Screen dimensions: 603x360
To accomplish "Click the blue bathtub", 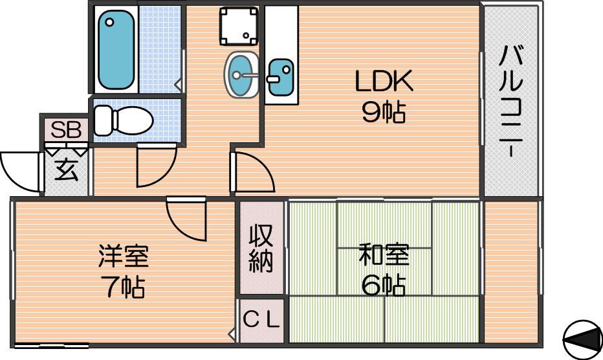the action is click(116, 50).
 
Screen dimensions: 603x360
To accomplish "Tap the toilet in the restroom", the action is click(123, 120).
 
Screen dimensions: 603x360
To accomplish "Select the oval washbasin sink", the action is click(241, 74).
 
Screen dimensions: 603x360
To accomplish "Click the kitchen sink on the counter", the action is click(280, 77).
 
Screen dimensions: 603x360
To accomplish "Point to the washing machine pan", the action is click(239, 26).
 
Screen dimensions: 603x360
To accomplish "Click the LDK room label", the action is click(384, 81).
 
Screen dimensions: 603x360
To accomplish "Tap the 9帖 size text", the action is click(384, 113).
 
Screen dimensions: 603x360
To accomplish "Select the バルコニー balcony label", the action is click(511, 101).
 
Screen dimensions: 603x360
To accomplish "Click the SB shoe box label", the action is click(66, 129).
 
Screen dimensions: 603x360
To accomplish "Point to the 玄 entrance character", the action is click(66, 170).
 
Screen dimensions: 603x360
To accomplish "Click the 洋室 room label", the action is click(124, 256).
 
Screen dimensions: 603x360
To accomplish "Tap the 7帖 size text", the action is click(124, 287).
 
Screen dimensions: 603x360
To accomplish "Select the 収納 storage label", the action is click(261, 249).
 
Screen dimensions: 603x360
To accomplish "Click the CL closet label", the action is click(261, 320).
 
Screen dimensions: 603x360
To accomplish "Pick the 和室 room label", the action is click(384, 255).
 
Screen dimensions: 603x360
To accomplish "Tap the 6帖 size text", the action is click(384, 286).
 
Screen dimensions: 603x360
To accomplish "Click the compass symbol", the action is click(582, 339).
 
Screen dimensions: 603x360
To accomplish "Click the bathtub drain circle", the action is click(110, 22).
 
